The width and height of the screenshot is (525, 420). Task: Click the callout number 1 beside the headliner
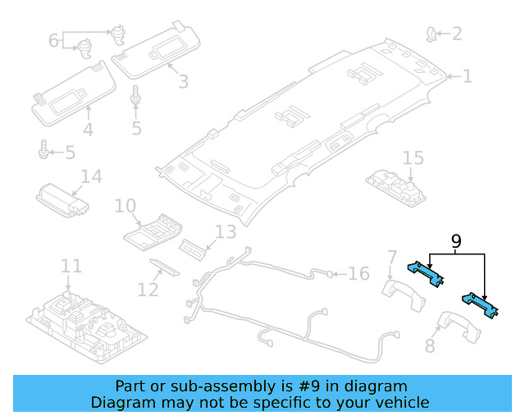467,76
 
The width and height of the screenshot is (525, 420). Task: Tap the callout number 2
456,34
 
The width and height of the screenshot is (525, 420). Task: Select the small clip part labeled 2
430,34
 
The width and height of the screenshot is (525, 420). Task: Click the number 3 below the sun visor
183,82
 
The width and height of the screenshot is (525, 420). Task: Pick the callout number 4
88,130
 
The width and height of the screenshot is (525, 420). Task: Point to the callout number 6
54,39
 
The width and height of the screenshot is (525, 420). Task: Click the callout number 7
392,258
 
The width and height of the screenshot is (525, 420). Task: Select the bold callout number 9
456,242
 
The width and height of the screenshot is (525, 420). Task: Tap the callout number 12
148,290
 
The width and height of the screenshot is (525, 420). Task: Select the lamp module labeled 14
65,199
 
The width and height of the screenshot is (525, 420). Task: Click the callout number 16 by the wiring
358,273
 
